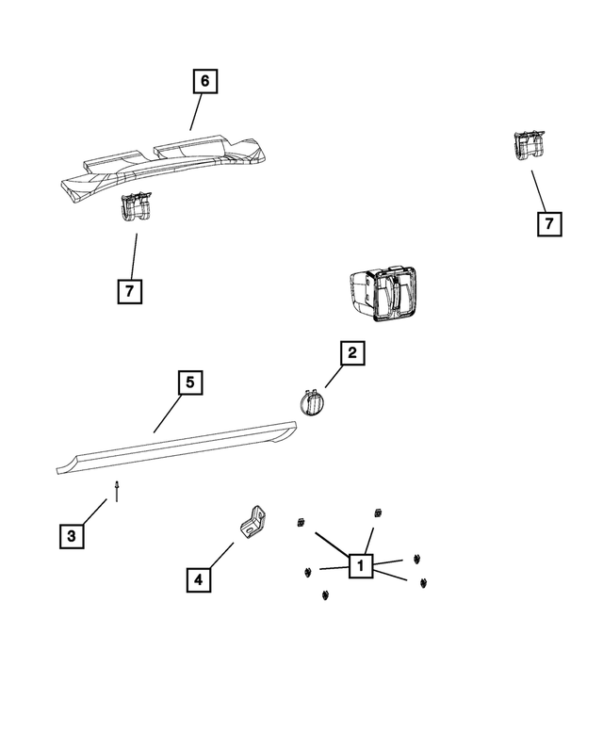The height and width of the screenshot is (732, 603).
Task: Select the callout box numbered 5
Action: point(189,382)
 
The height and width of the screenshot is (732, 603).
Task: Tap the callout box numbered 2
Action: point(351,353)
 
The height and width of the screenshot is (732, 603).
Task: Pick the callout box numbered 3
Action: point(71,536)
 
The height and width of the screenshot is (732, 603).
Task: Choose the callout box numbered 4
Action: point(198,579)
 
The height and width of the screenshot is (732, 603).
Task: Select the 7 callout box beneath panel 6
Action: point(129,291)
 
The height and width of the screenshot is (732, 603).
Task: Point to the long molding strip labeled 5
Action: point(179,446)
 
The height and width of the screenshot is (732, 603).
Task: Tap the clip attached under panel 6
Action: point(137,210)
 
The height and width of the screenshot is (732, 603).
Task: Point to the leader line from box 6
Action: point(195,112)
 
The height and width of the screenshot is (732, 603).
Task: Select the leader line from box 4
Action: point(220,555)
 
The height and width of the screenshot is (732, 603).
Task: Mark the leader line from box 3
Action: point(93,513)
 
